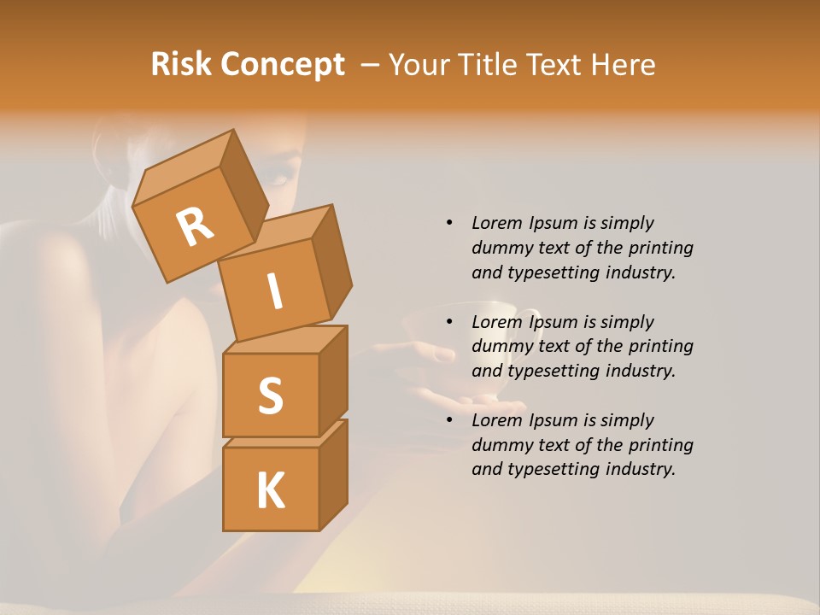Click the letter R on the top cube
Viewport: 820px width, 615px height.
(195, 227)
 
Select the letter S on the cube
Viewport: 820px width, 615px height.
(270, 396)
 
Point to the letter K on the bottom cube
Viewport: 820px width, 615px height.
(270, 491)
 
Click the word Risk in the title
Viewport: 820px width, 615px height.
(182, 65)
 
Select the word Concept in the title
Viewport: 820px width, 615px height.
(284, 66)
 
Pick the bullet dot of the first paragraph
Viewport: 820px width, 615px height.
(449, 223)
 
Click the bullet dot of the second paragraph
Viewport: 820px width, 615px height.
(449, 322)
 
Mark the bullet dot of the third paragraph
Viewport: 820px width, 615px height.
(449, 420)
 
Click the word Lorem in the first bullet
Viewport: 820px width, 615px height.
(496, 223)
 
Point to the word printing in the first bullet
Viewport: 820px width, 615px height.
(660, 248)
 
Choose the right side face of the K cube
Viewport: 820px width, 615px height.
(333, 475)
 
